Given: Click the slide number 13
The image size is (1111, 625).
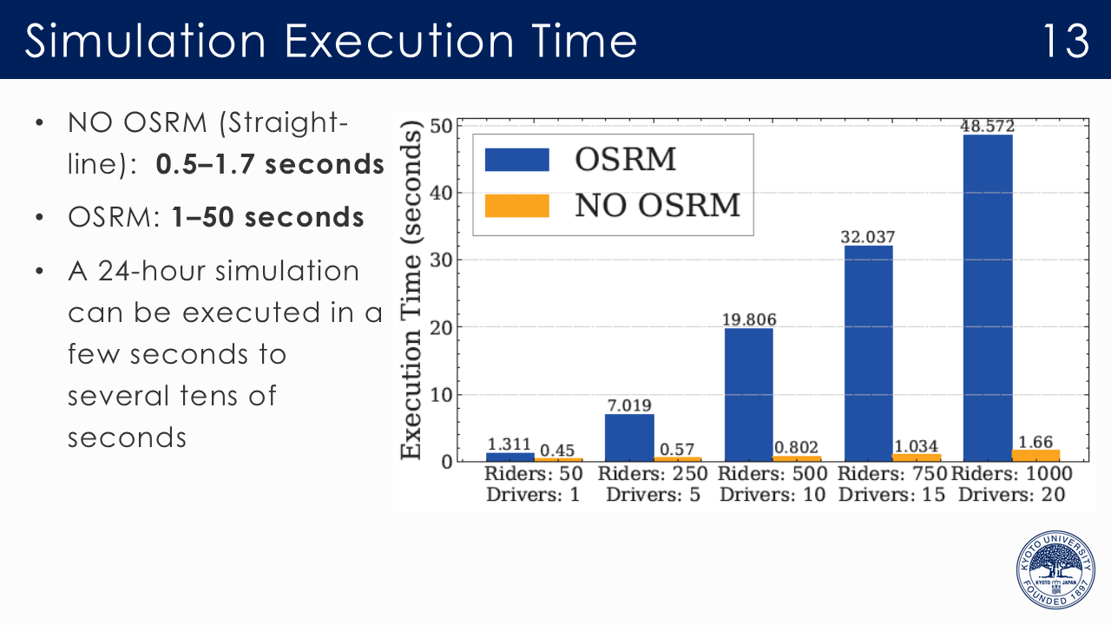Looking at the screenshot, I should (x=1065, y=40).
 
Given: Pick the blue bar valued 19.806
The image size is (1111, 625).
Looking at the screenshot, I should (x=748, y=394).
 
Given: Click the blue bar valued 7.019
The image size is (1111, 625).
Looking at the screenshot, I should (x=629, y=437).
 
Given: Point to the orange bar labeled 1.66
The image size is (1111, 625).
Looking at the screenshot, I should (x=1036, y=456).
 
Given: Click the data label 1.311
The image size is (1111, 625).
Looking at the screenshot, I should (x=509, y=444).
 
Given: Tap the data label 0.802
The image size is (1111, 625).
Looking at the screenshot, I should (x=796, y=447).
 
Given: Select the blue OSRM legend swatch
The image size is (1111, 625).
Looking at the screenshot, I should (x=516, y=161).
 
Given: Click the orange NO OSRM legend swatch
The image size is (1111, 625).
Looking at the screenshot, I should (x=516, y=206).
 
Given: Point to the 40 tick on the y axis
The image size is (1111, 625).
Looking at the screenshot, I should (x=442, y=193).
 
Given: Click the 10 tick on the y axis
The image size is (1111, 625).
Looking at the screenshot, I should (x=442, y=395).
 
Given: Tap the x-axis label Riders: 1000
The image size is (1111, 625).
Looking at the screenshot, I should (x=1012, y=474).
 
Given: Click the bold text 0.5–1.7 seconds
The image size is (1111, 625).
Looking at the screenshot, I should (x=269, y=165).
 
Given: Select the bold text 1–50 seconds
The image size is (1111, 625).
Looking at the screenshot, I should (x=267, y=217).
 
